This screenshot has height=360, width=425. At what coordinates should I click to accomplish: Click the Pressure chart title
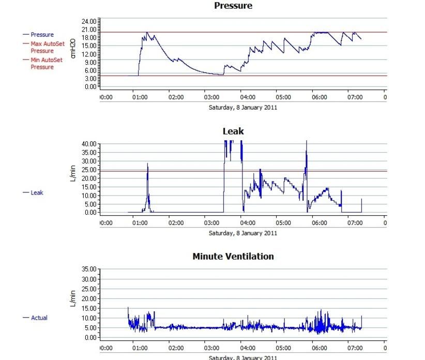pyautogui.click(x=233, y=6)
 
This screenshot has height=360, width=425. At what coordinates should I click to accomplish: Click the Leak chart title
pyautogui.click(x=233, y=131)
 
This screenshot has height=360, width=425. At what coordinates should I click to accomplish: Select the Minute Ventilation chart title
pyautogui.click(x=233, y=256)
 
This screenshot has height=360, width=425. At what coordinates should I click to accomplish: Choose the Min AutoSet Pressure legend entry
pyautogui.click(x=46, y=64)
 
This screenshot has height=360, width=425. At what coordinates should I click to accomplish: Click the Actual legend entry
pyautogui.click(x=39, y=318)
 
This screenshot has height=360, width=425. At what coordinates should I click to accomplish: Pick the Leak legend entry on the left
pyautogui.click(x=37, y=192)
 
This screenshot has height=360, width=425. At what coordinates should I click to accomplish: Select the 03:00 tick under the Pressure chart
pyautogui.click(x=212, y=97)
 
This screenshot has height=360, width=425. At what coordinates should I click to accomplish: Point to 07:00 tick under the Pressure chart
pyautogui.click(x=355, y=97)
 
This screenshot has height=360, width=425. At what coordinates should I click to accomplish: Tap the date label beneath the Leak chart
pyautogui.click(x=242, y=233)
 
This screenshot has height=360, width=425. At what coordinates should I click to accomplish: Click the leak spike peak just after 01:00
pyautogui.click(x=147, y=164)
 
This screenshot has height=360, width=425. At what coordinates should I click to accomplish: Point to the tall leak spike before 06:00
pyautogui.click(x=307, y=141)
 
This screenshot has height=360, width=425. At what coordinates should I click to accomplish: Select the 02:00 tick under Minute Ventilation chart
pyautogui.click(x=176, y=348)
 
